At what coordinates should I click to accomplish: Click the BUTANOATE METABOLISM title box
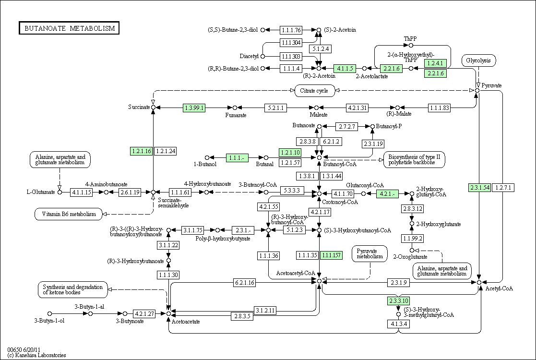coord(69,28)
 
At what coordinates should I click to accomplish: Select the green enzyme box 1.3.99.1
coord(194,108)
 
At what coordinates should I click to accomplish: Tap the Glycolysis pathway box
coord(478,60)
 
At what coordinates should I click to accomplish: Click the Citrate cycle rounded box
coord(314,91)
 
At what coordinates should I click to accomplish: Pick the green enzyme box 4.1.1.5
coord(345,68)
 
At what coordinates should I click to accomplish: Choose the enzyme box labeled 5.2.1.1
coord(275,108)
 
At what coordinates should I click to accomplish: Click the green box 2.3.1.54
coord(480,187)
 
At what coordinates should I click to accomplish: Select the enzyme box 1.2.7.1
coord(503,187)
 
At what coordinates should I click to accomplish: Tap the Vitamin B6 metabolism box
coord(69,214)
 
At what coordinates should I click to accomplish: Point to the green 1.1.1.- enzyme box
coord(237,157)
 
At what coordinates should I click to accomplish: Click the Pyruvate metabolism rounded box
coord(370,253)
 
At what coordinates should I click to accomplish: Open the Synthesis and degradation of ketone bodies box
coord(72,289)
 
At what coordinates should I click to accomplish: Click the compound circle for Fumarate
coord(235,108)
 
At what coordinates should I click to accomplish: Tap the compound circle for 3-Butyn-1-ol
coord(49,313)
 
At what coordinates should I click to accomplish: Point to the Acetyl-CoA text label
coord(499,288)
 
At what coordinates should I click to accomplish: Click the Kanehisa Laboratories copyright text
coord(36,355)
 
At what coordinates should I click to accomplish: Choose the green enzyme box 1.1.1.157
coord(331,255)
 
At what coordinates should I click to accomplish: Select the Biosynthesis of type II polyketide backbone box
coord(414,160)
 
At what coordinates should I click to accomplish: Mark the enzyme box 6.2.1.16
coord(244,282)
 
